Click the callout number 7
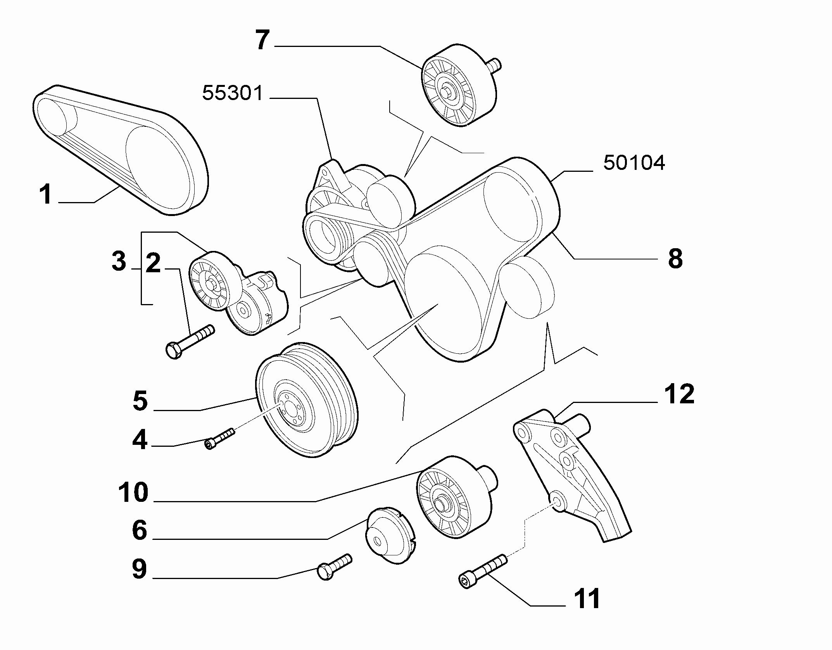[262, 40]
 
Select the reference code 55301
[233, 93]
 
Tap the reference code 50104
[634, 163]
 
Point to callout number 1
[46, 194]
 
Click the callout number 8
[675, 258]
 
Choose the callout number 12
[678, 394]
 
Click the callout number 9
[139, 569]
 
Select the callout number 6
[139, 530]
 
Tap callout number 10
[133, 493]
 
